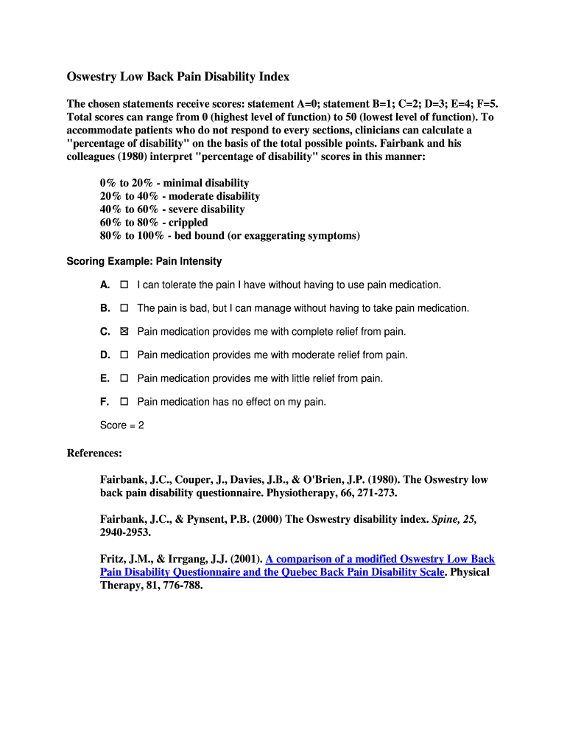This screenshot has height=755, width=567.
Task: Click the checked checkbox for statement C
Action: pyautogui.click(x=124, y=332)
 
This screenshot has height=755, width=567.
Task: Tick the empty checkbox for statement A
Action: pyautogui.click(x=124, y=285)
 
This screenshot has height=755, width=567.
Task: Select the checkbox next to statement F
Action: pyautogui.click(x=124, y=402)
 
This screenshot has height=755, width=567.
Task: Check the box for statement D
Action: pyautogui.click(x=124, y=355)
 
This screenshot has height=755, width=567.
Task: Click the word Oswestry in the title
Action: pyautogui.click(x=94, y=77)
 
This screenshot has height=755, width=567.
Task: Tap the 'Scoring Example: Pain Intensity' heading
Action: pyautogui.click(x=144, y=262)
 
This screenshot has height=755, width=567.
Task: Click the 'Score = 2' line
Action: pyautogui.click(x=121, y=425)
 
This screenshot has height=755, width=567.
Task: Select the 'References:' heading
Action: pyautogui.click(x=94, y=453)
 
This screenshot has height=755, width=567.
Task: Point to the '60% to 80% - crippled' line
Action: pyautogui.click(x=154, y=223)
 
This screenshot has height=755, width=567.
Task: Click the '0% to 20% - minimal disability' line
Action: pyautogui.click(x=175, y=183)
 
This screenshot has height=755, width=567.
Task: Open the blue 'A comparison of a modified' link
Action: pyautogui.click(x=380, y=559)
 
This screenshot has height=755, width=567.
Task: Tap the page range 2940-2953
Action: pyautogui.click(x=127, y=532)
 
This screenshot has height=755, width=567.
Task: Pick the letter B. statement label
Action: pyautogui.click(x=105, y=308)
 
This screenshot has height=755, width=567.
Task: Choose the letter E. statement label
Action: pyautogui.click(x=105, y=378)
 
